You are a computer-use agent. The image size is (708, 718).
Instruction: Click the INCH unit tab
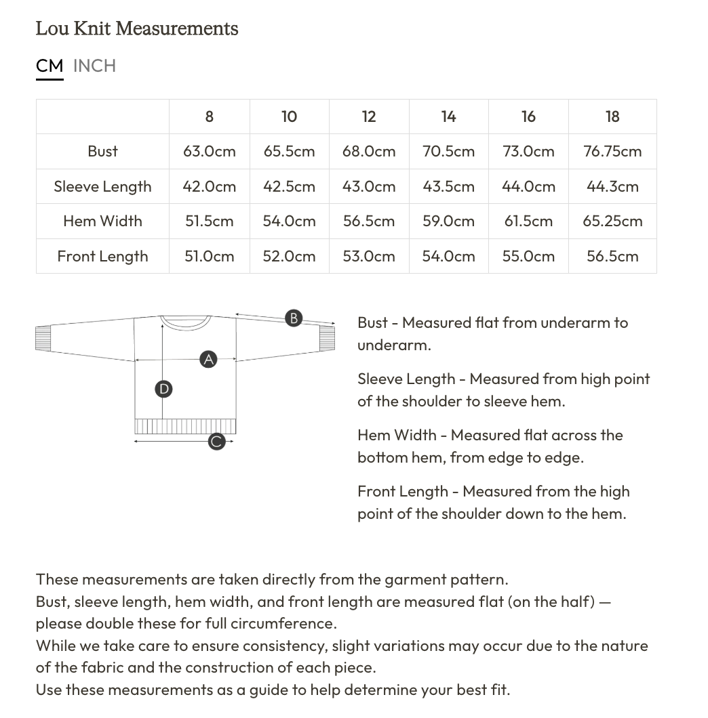[x=94, y=66]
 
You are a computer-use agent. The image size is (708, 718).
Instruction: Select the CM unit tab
[x=50, y=66]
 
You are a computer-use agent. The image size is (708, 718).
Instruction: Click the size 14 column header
[x=448, y=117]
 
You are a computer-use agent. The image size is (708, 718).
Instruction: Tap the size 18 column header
[x=612, y=117]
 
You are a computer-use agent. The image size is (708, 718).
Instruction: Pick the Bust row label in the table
[x=102, y=151]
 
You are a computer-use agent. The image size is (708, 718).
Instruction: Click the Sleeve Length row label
[x=102, y=186]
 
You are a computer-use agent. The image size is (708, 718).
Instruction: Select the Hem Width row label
[x=102, y=221]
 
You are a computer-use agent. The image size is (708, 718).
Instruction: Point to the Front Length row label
[x=102, y=256]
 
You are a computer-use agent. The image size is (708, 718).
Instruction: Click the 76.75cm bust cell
[x=612, y=151]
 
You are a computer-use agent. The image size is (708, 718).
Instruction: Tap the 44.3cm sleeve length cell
[x=612, y=186]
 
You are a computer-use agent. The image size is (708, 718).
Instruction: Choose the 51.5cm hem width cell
[x=209, y=221]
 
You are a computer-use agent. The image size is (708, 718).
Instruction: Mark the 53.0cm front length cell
[x=369, y=256]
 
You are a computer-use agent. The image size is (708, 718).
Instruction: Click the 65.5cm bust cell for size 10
[x=289, y=151]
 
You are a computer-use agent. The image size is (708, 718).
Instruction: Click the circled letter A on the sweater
[x=208, y=360]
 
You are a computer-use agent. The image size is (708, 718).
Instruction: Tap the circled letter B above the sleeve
[x=293, y=318]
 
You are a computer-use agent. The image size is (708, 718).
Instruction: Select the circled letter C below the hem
[x=216, y=442]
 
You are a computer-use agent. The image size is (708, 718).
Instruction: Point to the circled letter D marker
[x=163, y=389]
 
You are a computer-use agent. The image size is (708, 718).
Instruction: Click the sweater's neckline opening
[x=185, y=322]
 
